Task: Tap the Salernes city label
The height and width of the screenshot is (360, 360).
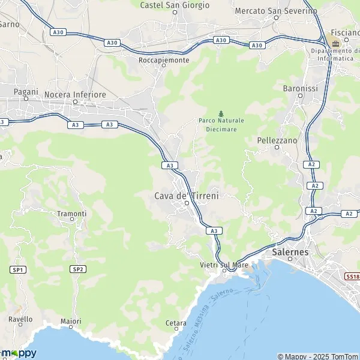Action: coord(290,253)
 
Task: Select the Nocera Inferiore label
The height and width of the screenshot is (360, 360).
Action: coord(76,95)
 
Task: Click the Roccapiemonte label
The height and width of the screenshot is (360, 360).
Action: coord(164,61)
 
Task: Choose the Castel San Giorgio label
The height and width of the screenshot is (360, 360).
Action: coord(175,5)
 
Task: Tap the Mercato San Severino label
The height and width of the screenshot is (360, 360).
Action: coord(276,11)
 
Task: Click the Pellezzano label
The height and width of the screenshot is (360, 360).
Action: coord(277,140)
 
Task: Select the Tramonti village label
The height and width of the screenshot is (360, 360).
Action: coord(72,214)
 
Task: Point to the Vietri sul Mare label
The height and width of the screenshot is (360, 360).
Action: coord(224,264)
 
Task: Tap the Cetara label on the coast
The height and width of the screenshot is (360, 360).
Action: coord(176,323)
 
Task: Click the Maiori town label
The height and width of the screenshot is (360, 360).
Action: coord(71,322)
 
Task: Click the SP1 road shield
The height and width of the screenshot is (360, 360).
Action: coord(17,270)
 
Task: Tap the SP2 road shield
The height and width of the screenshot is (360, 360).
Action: coord(77,269)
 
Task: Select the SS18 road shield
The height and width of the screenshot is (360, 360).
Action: coord(352,277)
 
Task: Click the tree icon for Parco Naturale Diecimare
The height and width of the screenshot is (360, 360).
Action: coord(221,113)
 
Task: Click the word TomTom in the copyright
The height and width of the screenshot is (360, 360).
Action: coord(343,356)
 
